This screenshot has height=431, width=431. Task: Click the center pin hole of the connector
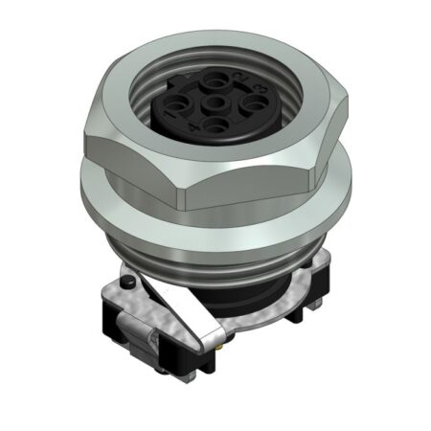[215, 102]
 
